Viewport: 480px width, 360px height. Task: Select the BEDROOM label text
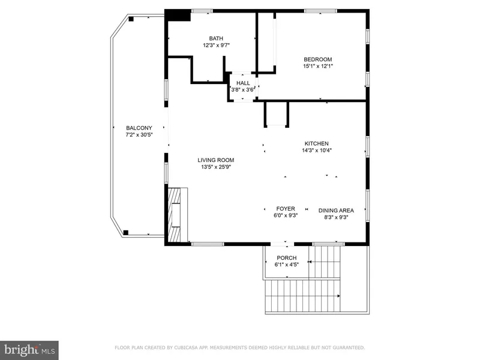click(317, 59)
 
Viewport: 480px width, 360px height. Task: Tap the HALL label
click(243, 83)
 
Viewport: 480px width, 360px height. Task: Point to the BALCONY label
click(139, 128)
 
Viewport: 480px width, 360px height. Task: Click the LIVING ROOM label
click(216, 160)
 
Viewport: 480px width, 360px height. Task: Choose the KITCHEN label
click(316, 143)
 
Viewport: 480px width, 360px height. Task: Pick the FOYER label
click(285, 210)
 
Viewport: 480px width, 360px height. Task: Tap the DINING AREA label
click(336, 210)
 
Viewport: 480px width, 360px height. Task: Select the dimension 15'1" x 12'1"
click(317, 66)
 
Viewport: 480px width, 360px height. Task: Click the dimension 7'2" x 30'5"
click(139, 135)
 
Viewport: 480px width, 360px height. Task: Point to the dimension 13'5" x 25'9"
click(216, 167)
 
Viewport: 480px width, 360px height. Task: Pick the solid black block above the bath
click(178, 16)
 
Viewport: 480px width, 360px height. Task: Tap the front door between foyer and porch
click(286, 244)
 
